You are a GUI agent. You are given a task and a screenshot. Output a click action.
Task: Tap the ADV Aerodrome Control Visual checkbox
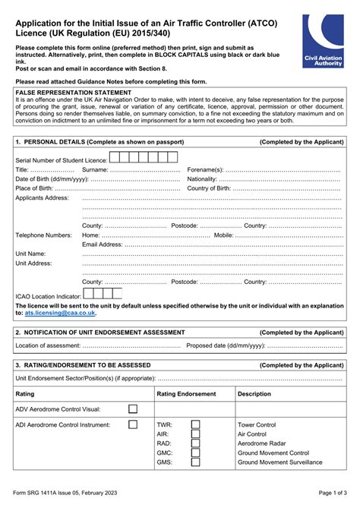[133, 409]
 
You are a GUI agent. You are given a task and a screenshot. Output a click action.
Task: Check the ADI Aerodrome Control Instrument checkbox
[133, 424]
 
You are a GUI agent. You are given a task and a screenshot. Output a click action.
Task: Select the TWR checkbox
[195, 424]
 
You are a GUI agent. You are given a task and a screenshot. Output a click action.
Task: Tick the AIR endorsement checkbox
[195, 434]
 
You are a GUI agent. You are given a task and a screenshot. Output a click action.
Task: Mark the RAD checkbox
[195, 443]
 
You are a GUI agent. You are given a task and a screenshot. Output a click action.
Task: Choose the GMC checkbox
[195, 453]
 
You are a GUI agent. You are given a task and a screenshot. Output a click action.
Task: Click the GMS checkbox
[195, 462]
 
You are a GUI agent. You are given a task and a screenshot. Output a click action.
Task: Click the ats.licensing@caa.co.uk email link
[60, 312]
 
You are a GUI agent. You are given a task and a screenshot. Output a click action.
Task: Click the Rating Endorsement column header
[186, 394]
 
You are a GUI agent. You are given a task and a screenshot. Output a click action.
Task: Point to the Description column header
[254, 394]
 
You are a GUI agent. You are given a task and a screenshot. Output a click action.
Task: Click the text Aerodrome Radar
[262, 443]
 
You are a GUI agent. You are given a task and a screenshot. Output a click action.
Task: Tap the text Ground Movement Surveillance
[279, 462]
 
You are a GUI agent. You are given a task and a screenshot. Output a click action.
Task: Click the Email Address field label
[102, 245]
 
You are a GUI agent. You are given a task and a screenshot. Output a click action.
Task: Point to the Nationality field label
[202, 179]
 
